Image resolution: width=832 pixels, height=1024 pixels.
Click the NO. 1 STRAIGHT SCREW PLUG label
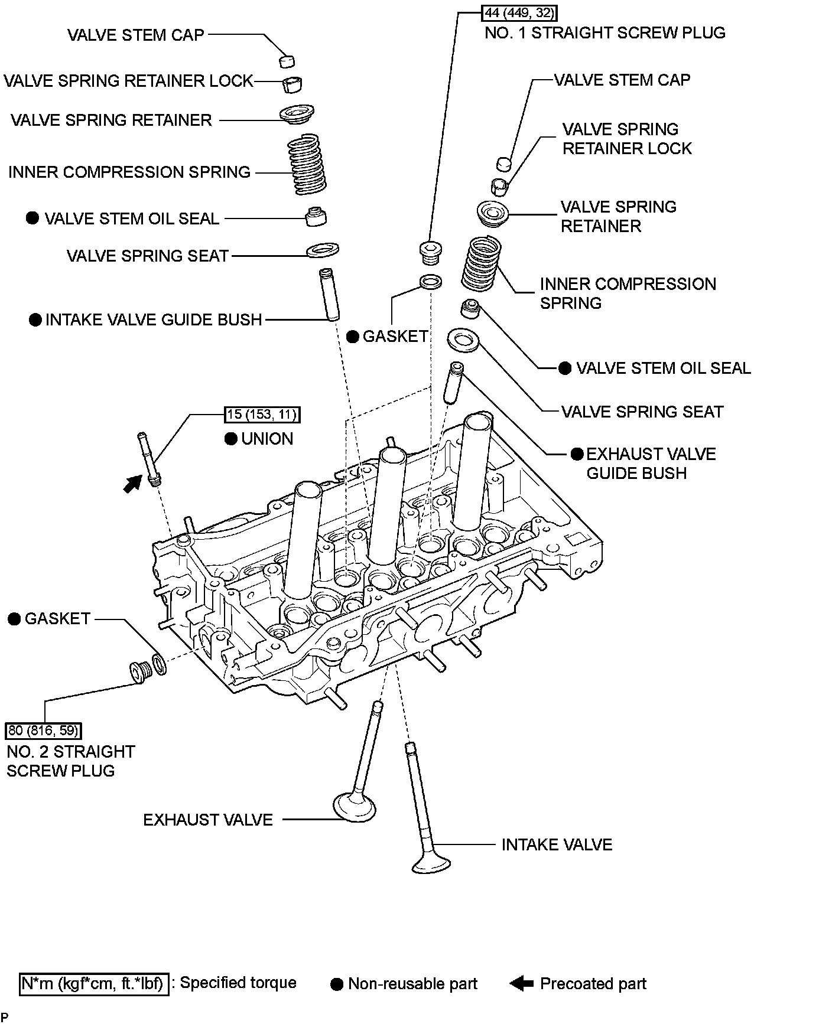click(604, 32)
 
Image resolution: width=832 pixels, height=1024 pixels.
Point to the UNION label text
click(267, 439)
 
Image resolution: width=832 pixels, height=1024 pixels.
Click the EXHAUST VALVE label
click(208, 820)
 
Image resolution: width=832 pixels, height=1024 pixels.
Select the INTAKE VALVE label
click(557, 844)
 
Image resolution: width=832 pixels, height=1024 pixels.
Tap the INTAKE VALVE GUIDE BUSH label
click(154, 319)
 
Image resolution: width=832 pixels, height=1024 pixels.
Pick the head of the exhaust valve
click(354, 807)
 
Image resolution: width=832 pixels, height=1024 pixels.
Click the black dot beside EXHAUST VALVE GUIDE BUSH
click(577, 454)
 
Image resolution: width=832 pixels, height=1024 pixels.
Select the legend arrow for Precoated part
click(522, 983)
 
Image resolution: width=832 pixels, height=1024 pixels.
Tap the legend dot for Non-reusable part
click(337, 984)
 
